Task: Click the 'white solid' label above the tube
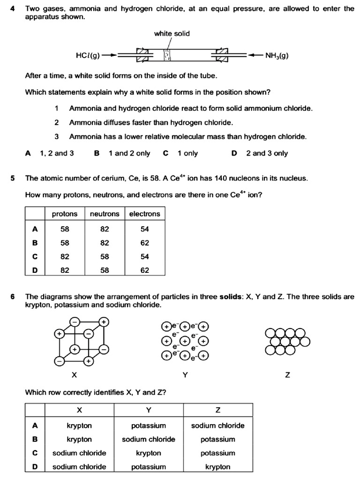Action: point(172,33)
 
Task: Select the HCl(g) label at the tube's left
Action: point(88,55)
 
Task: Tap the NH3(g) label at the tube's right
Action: point(277,55)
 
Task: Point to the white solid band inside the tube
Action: point(166,55)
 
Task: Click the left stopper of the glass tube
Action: point(142,55)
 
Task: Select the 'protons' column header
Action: point(65,214)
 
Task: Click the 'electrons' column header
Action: point(144,214)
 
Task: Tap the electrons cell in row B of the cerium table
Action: point(145,243)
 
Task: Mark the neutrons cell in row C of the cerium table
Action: point(105,256)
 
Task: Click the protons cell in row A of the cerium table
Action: point(65,229)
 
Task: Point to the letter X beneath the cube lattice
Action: point(74,375)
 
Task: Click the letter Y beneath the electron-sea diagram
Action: point(185,375)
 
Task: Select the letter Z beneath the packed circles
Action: point(287,375)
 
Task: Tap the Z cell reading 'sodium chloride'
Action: point(217,426)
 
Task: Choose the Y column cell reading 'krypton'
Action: point(149,453)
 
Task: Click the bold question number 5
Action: point(13,178)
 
